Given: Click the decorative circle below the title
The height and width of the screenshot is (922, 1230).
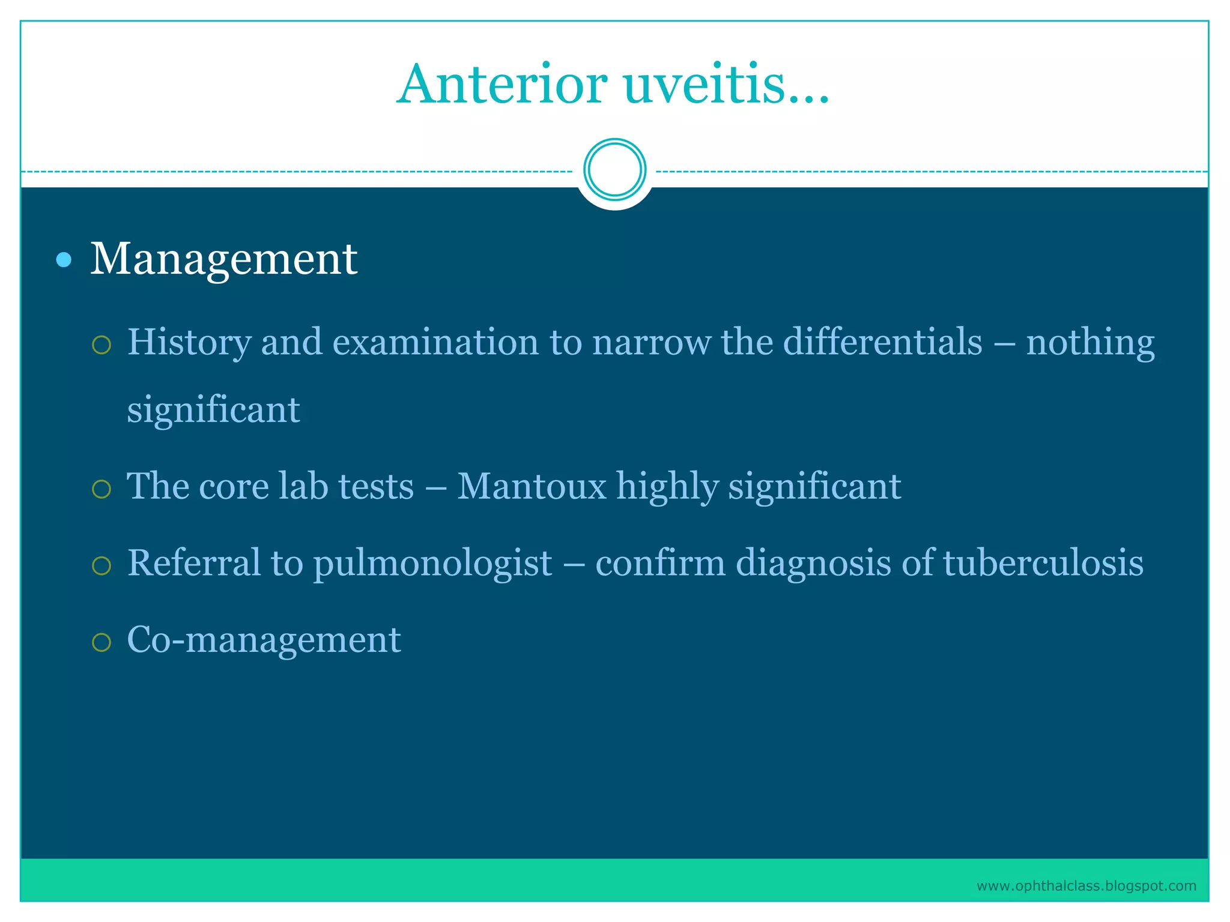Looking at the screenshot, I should point(614,169).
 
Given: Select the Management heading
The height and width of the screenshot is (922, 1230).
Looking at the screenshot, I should point(223,260).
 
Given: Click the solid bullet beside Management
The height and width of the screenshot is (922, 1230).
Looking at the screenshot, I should point(64,260).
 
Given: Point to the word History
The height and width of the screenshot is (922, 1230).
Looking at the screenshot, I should point(189,342).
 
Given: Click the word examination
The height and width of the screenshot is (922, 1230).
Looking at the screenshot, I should point(435,342).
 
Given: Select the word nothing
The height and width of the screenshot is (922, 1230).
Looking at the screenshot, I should point(1089,342).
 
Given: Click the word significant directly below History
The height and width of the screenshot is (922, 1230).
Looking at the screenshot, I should point(213,410).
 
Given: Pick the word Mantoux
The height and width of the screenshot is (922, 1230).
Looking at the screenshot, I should point(532,486).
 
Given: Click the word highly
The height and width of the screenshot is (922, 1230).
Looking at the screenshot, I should point(667,486).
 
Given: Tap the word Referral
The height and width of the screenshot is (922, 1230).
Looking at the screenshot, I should point(193,563).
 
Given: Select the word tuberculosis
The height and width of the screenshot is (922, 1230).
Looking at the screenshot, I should point(1043,563).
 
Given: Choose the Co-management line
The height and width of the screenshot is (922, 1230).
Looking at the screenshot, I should point(264,640).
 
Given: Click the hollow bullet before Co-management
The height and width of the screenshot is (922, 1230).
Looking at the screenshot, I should point(101,642).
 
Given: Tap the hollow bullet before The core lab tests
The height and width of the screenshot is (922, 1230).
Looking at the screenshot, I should point(101,489).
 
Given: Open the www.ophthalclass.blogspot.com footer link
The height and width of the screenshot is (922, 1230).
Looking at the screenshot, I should point(1086,886).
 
